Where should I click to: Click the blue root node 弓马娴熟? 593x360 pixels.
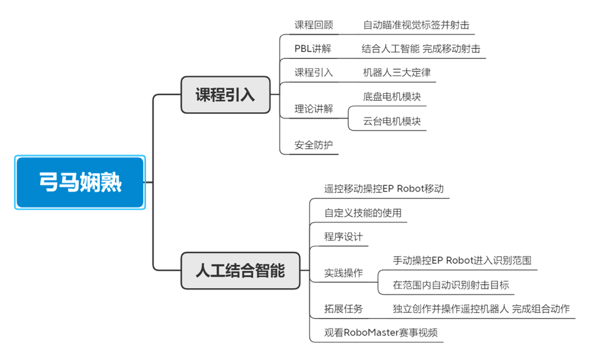pos(80,182)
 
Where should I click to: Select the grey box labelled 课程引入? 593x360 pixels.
pos(225,94)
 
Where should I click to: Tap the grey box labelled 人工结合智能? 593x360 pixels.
pos(240,271)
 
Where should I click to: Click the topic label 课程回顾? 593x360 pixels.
pos(313,25)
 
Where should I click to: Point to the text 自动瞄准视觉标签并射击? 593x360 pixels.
pos(416,25)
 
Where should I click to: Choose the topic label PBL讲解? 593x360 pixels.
pos(313,49)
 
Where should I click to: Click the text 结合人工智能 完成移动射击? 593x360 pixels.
pos(421,49)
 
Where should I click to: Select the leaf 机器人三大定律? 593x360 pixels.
pos(397,72)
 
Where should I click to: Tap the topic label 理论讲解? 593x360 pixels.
pos(313,109)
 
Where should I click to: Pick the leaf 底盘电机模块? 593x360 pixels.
pos(392,97)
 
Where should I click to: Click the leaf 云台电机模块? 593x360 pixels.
pos(392,121)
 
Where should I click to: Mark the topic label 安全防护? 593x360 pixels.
pos(313,145)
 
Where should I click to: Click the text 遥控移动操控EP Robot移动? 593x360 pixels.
pos(384,189)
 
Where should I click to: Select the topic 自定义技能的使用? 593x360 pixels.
pos(363,213)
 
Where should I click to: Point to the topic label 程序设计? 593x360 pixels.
pos(343,237)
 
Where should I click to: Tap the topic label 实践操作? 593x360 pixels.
pos(343,273)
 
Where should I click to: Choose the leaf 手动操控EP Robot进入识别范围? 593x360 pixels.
pos(462,261)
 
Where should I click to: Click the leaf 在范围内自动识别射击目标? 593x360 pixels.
pos(451,285)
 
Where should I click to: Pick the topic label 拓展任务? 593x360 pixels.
pos(343,309)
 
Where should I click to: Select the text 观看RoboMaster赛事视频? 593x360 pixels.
pos(381,333)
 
